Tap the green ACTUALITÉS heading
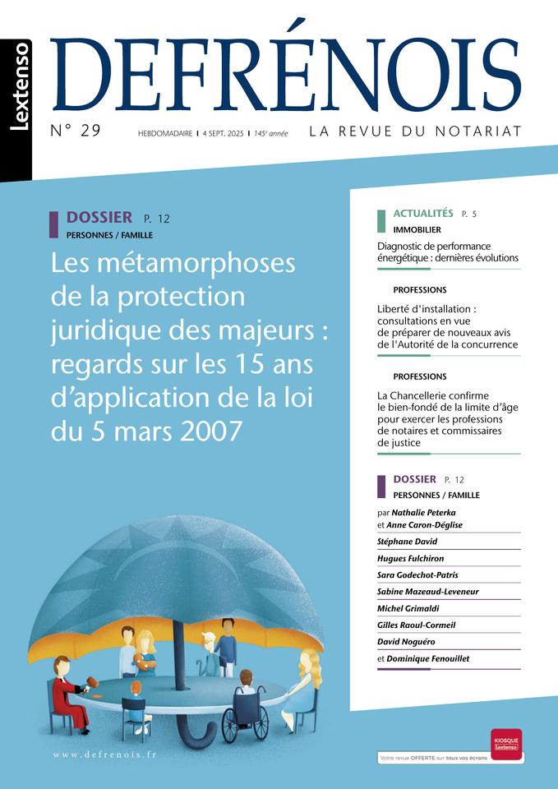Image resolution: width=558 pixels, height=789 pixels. [x=423, y=213]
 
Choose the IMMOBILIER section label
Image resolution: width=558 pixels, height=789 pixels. [x=417, y=230]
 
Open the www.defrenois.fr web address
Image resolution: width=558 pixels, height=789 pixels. [x=104, y=754]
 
